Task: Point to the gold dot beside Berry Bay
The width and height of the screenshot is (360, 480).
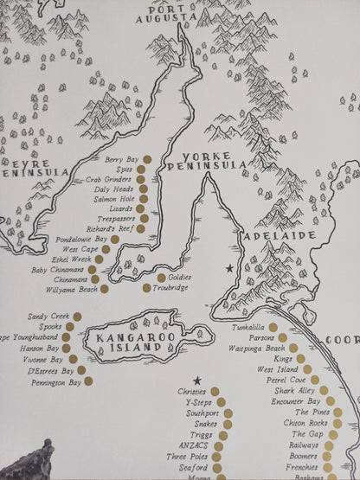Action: coord(146,159)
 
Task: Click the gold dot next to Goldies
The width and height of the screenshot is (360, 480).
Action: coord(160,278)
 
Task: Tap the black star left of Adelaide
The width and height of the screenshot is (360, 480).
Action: coord(229,270)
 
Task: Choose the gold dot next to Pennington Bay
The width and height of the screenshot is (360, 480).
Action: coord(87,381)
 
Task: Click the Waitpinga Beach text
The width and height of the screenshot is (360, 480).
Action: coord(254,348)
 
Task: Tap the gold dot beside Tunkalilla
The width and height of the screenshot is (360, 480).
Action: coord(273,328)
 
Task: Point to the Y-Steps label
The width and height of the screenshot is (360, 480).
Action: coord(194,401)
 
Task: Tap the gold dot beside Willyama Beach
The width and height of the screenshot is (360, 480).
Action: coord(105,290)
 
